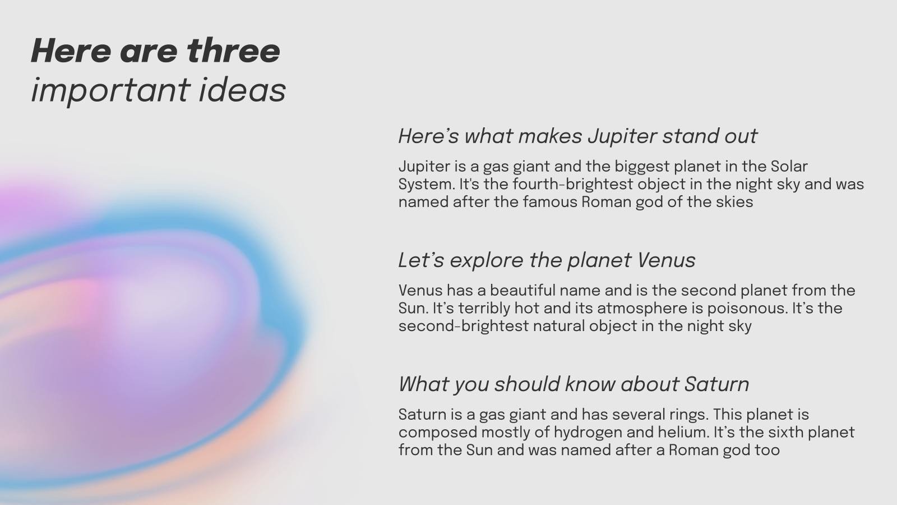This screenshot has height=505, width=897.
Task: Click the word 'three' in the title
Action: point(233,51)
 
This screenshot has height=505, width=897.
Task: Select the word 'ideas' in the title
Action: point(242,89)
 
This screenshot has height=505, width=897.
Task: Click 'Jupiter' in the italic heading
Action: point(622,137)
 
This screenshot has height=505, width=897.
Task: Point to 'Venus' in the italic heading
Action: point(666,260)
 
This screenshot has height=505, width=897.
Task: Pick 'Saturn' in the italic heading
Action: point(716,384)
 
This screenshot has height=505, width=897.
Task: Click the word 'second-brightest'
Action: point(464,326)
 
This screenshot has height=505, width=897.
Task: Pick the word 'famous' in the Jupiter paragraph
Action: point(550,202)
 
